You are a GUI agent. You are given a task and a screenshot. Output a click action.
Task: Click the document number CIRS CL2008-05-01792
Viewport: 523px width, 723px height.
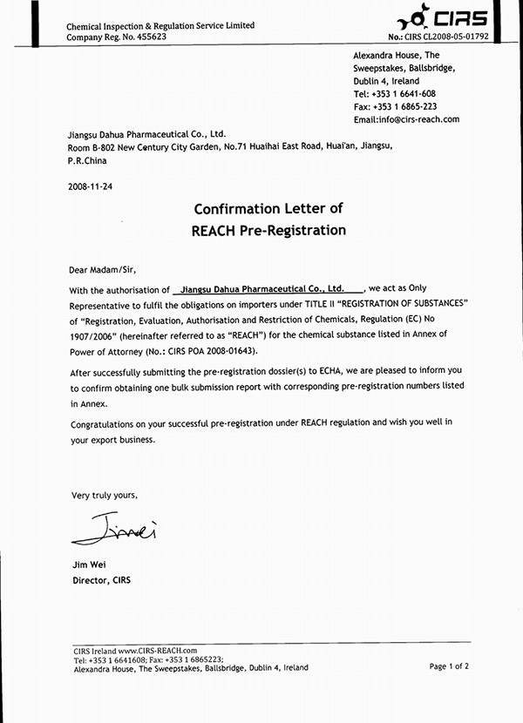462,37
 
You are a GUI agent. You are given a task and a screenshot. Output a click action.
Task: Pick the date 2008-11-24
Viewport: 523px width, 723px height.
90,186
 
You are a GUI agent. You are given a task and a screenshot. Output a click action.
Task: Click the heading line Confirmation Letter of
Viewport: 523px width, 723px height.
268,209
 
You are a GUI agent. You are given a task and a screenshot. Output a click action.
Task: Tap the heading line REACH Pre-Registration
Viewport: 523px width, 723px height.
268,231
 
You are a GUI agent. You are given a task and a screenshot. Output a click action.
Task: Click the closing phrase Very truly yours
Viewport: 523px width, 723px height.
104,495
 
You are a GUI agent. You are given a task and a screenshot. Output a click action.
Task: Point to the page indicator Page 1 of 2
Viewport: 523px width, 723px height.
449,666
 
